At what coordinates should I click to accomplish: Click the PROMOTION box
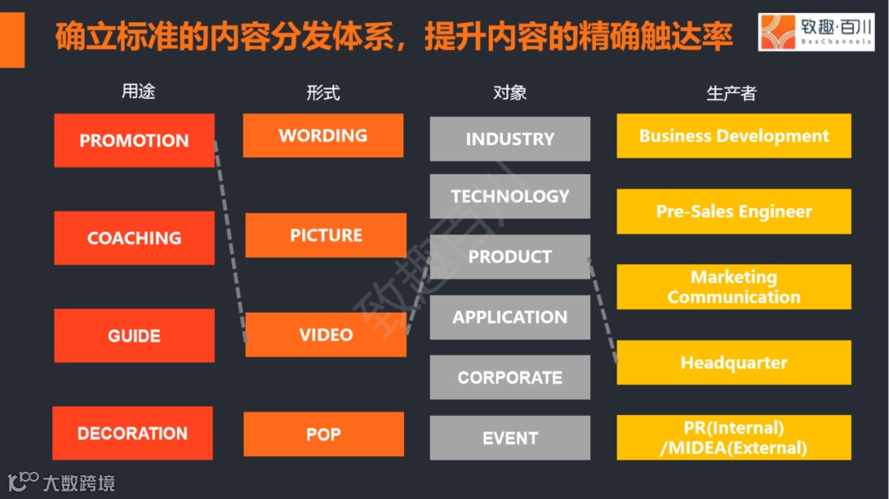coord(134,141)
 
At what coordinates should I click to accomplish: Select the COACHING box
coord(134,238)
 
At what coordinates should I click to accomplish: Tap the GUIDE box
coord(134,335)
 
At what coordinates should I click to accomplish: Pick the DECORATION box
coord(133,433)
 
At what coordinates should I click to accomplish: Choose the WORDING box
coord(323,136)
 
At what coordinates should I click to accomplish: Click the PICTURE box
coord(326,236)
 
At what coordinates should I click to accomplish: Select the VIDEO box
coord(326,334)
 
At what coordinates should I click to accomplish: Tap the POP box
coord(323,434)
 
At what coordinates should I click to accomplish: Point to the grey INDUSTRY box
coord(510,139)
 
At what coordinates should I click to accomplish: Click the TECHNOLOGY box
coord(510,196)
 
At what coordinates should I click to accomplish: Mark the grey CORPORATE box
coord(510,377)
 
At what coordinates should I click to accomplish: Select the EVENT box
coord(510,438)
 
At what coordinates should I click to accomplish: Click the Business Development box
coord(733,136)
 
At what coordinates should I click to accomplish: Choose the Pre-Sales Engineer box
coord(733,212)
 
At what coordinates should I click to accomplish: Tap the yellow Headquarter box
coord(733,362)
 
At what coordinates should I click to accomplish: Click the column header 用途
coord(138,92)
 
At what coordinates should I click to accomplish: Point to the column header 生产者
coord(731,93)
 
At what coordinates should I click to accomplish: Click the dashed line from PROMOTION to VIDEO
coord(230,239)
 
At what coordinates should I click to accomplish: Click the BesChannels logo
coord(815,33)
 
